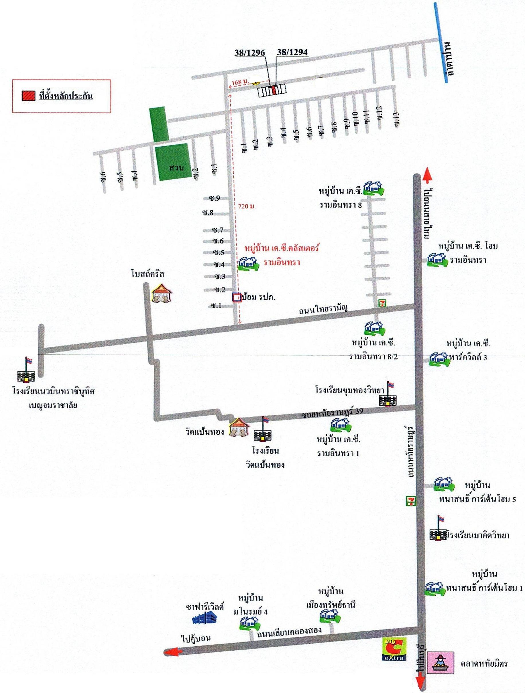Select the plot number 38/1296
pyautogui.click(x=250, y=53)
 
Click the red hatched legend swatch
pyautogui.click(x=28, y=96)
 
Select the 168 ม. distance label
pyautogui.click(x=240, y=82)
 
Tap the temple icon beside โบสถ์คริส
pyautogui.click(x=162, y=293)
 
